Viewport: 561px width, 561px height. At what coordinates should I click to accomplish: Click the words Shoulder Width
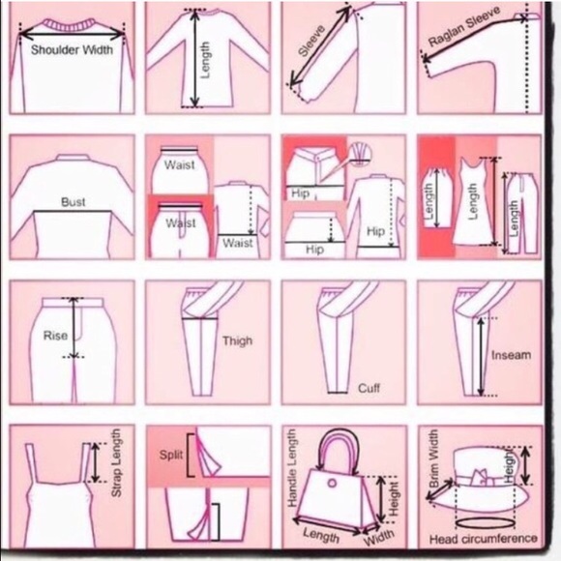72,49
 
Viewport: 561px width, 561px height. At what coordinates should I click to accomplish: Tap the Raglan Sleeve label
464,26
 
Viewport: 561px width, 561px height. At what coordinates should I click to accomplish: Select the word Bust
73,202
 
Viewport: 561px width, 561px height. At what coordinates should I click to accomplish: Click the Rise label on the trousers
55,336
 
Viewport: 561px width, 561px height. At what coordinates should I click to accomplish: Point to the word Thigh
237,340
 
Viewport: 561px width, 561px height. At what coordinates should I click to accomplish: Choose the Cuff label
369,388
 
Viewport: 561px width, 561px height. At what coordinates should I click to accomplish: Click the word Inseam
511,355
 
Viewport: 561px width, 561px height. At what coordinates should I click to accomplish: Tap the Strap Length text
116,463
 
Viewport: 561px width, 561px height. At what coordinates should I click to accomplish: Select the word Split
171,456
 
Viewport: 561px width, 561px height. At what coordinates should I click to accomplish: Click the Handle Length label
292,468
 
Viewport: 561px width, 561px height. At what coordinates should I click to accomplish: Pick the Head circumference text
483,539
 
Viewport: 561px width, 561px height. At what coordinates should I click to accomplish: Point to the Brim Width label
433,458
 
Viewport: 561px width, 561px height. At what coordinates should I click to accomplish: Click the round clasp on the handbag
332,484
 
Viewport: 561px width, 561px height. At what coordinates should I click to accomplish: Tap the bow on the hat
480,477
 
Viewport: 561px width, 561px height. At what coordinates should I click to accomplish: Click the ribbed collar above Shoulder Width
70,25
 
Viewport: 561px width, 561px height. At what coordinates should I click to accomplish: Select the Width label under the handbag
379,537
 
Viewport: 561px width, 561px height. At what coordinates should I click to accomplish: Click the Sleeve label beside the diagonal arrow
311,41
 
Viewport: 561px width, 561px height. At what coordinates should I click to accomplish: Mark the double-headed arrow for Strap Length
95,462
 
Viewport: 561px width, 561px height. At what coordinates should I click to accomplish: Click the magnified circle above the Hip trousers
360,154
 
